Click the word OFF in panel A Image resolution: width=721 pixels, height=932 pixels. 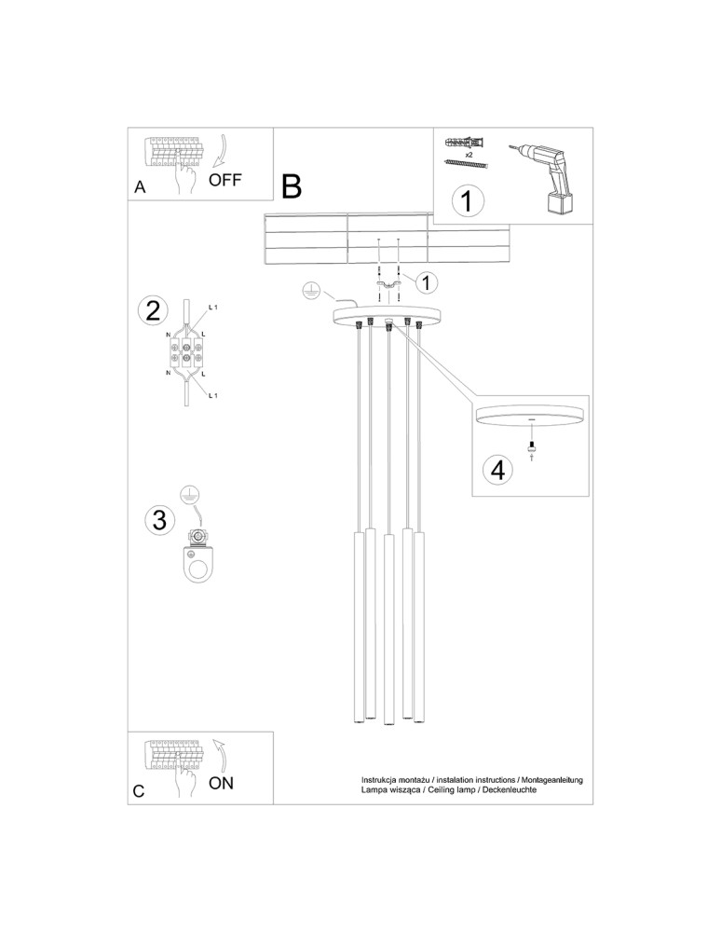click(224, 181)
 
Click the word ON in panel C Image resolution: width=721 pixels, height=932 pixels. click(221, 783)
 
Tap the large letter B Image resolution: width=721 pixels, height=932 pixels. click(292, 186)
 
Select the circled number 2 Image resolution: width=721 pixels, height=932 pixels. click(152, 310)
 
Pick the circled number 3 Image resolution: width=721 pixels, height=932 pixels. click(159, 520)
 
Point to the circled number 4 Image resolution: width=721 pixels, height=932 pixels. click(498, 470)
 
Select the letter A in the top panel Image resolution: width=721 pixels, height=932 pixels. click(140, 186)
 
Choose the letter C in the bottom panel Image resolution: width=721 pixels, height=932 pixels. click(139, 791)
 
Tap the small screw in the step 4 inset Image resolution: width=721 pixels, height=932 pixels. click(532, 448)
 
